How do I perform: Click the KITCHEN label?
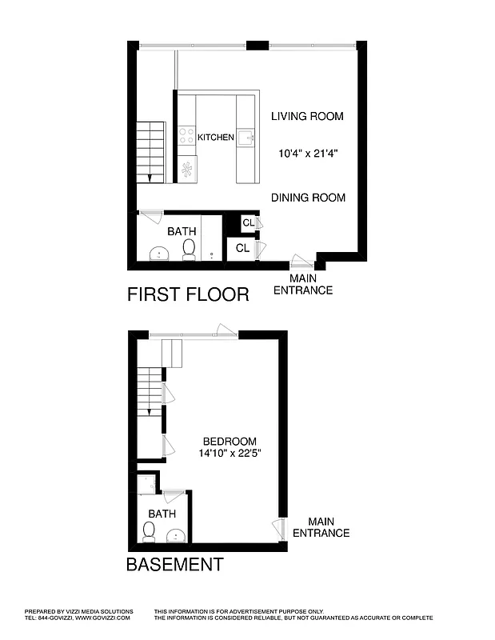[x=216, y=138]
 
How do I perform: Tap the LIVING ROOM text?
[x=307, y=117]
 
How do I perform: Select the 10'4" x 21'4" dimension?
[x=307, y=154]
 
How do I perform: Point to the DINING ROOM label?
[x=308, y=198]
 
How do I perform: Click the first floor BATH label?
[x=182, y=232]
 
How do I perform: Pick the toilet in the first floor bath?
[x=190, y=251]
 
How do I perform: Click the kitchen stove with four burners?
[x=187, y=137]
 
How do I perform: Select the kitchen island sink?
[x=245, y=137]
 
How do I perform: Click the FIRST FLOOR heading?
[x=188, y=294]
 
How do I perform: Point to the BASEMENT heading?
[x=174, y=565]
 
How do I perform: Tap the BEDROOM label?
[x=230, y=442]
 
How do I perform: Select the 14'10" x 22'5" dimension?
[x=230, y=454]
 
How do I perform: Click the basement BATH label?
[x=162, y=514]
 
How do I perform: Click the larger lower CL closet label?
[x=242, y=249]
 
